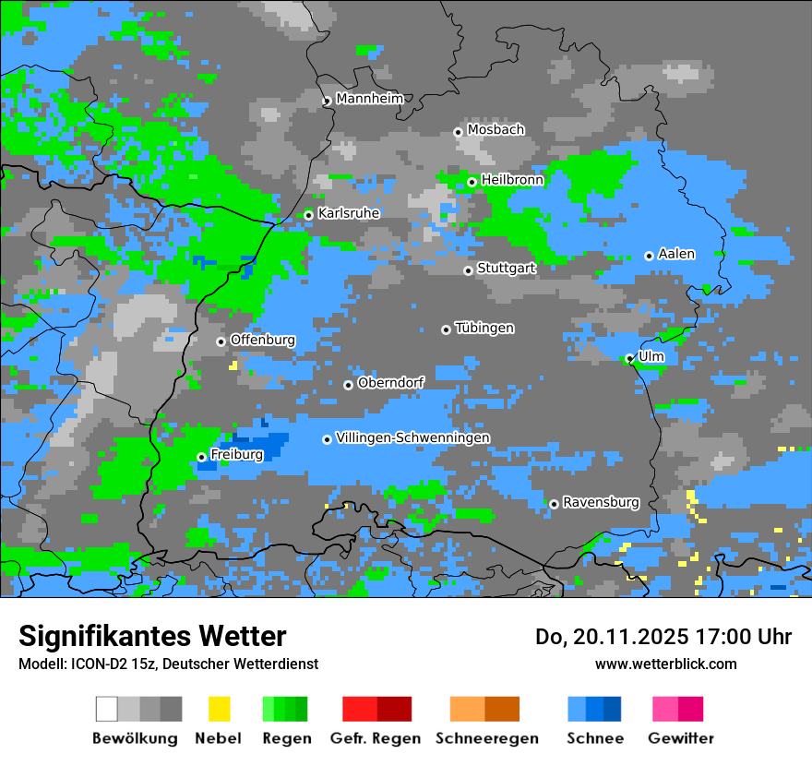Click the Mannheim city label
(x=369, y=99)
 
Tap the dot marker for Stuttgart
(x=468, y=270)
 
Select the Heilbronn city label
(x=512, y=180)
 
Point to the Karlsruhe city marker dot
(x=309, y=215)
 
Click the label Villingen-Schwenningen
(x=412, y=437)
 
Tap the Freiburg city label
(x=236, y=455)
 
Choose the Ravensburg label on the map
(x=601, y=503)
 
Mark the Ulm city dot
(x=629, y=359)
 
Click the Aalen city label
(x=676, y=254)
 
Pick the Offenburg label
(x=262, y=340)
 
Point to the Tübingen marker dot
(x=446, y=329)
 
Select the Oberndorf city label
(x=390, y=383)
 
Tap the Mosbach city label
(x=496, y=130)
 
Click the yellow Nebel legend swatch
(x=219, y=709)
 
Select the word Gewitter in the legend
(x=680, y=738)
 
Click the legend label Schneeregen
(x=486, y=738)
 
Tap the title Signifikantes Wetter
(x=152, y=636)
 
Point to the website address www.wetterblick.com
(x=665, y=664)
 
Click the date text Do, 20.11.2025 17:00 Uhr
(x=663, y=637)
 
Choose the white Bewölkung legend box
(x=107, y=709)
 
